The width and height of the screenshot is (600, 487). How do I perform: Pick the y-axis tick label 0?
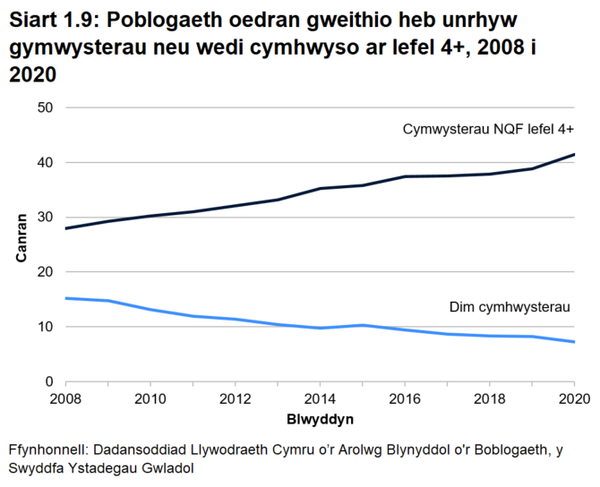pos(50,381)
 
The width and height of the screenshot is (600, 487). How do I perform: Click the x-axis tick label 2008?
pos(64,398)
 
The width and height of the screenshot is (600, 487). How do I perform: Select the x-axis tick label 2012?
pos(234,398)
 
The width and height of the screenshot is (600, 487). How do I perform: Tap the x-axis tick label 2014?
pos(319,398)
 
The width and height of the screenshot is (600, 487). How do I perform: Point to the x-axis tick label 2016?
pos(404,398)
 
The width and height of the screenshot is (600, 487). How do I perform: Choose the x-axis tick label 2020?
pos(572,398)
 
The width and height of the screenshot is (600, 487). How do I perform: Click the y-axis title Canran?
pos(21,243)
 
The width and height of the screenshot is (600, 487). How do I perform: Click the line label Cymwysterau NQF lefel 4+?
pos(488,129)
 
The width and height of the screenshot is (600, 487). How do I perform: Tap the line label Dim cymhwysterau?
pos(509,307)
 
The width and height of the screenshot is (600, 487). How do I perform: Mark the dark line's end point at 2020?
pos(573,155)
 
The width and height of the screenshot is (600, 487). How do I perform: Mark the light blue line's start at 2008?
pos(65,298)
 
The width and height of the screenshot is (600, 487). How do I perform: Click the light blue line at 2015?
pos(361,325)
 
